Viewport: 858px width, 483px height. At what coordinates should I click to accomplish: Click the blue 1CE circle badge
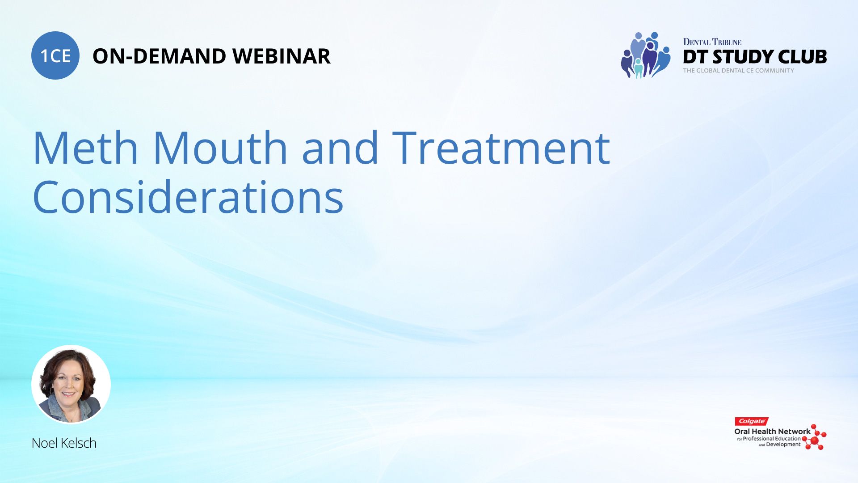pos(55,55)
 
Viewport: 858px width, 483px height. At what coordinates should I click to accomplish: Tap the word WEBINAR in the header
pos(282,56)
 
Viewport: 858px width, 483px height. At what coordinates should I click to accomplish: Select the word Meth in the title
pos(85,147)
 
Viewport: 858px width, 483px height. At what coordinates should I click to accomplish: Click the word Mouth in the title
pos(220,147)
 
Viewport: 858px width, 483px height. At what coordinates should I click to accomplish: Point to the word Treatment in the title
pos(501,147)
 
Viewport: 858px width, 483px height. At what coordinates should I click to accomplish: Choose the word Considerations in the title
pos(188,196)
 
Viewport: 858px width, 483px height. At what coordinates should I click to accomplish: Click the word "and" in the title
pos(340,147)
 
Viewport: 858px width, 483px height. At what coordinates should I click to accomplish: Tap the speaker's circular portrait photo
pos(71,384)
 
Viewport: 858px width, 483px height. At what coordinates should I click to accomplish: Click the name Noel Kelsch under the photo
pos(64,443)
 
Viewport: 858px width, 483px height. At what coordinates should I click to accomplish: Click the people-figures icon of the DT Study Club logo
pos(645,55)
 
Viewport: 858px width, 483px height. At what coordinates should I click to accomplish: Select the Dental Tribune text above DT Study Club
pos(712,42)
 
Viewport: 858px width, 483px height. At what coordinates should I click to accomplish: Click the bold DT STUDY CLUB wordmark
pos(755,57)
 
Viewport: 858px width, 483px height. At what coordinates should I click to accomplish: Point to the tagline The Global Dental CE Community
pos(738,71)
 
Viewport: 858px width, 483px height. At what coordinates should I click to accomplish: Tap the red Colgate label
pos(752,421)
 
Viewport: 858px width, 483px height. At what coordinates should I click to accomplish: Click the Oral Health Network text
pos(772,432)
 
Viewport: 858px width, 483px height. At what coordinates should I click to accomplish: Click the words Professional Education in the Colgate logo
pos(772,439)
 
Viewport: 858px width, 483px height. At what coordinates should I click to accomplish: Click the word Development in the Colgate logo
pos(783,445)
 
